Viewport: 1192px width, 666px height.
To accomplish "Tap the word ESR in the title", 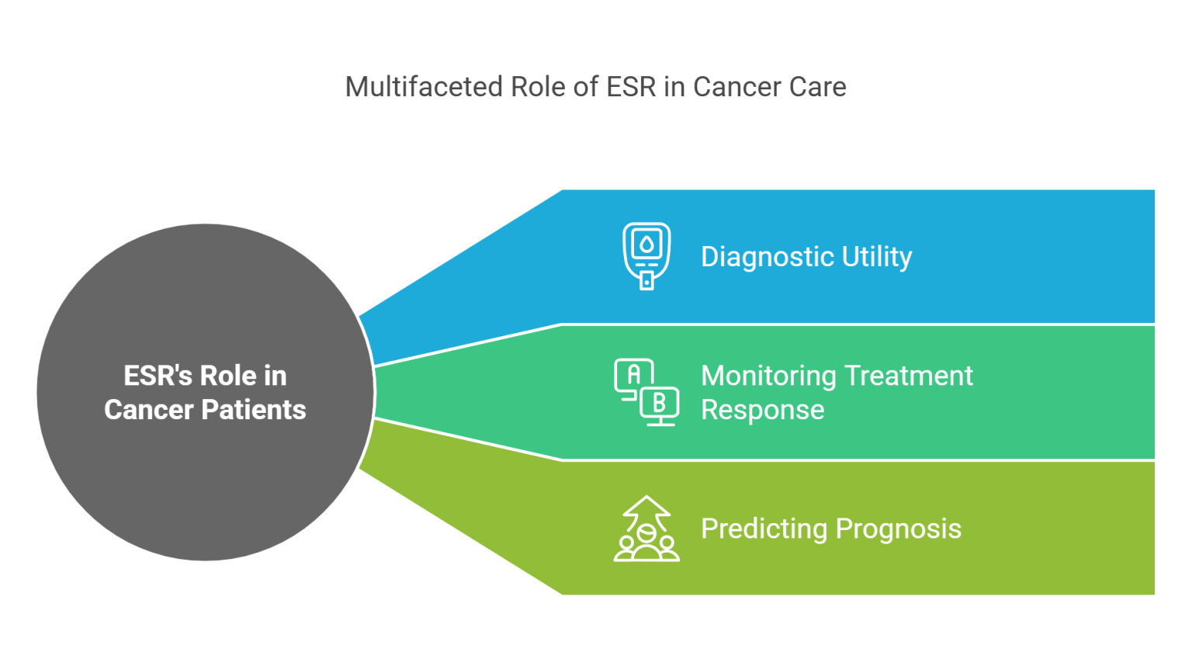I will [x=631, y=87].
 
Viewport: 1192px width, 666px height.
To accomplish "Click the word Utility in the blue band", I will [x=877, y=257].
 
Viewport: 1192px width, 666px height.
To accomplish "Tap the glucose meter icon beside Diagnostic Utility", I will [x=646, y=256].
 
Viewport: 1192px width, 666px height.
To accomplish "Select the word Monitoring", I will [x=768, y=376].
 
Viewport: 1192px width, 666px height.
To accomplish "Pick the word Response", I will [x=762, y=410].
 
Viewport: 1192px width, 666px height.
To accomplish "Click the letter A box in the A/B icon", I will [x=634, y=375].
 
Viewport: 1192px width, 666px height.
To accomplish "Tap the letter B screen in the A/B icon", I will [x=660, y=403].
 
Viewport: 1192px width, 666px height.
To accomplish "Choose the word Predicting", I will [x=764, y=529].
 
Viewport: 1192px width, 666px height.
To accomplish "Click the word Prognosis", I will [x=899, y=529].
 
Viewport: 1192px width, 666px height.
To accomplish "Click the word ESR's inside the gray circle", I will [x=158, y=376].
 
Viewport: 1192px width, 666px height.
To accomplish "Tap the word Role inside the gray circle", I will [x=228, y=376].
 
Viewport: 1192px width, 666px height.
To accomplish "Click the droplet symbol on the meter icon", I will [x=646, y=245].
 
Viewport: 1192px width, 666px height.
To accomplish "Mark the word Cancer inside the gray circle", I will [x=148, y=410].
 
